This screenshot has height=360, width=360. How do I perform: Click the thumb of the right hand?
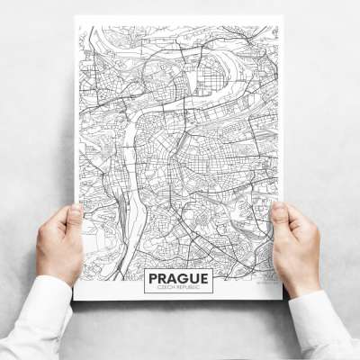click(x=280, y=219)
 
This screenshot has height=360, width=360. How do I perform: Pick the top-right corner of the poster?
click(x=283, y=16)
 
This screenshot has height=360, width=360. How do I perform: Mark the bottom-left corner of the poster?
click(x=76, y=300)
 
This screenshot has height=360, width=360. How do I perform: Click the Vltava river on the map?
click(x=130, y=153)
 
